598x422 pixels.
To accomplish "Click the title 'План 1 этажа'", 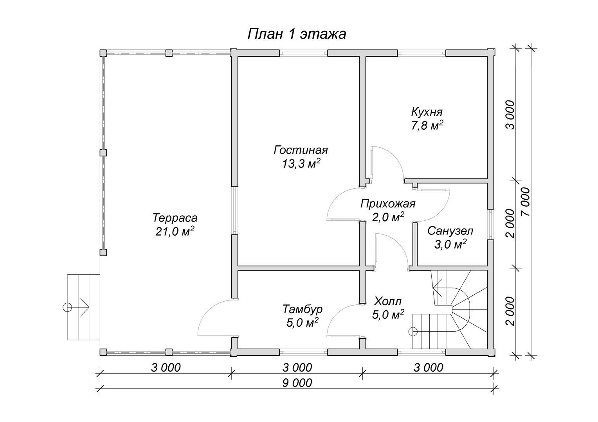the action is (297, 34).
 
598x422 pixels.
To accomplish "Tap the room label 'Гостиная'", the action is (301, 150).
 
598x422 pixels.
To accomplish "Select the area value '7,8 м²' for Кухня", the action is (427, 125).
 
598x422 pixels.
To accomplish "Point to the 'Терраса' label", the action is (175, 218).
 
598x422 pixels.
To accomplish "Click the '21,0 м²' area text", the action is (175, 231).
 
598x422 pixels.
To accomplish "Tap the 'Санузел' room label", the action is (450, 231).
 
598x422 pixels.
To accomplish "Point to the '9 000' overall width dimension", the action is (297, 383).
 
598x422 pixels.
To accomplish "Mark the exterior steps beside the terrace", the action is (83, 307).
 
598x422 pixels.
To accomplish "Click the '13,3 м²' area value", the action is (301, 164).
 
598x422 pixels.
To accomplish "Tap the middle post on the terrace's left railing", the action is (103, 153).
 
